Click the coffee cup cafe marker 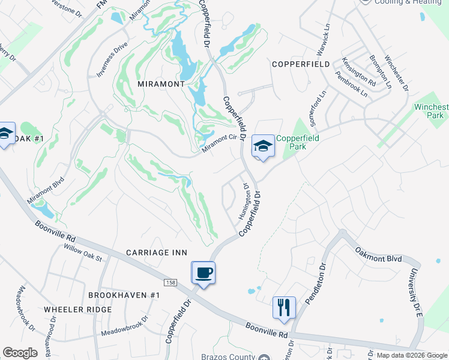coord(203,273)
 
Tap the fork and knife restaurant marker coord(283,307)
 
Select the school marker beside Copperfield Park coord(262,146)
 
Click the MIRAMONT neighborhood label coord(161,84)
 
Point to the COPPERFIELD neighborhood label coord(300,64)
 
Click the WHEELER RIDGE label coord(77,309)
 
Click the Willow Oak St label coord(83,253)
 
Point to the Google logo coord(20,353)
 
